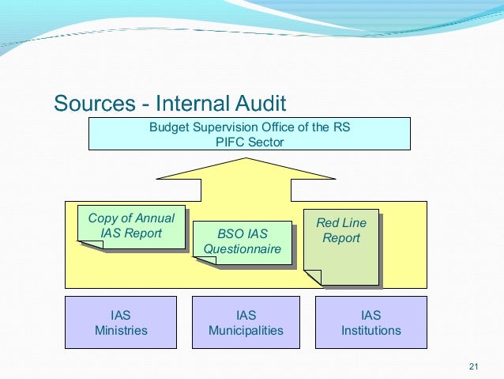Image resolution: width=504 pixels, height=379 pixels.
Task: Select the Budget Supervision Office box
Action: tap(249, 134)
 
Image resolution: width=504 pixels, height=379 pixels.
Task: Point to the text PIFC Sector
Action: tap(249, 142)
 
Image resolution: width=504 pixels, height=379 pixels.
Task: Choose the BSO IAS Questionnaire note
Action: tap(243, 241)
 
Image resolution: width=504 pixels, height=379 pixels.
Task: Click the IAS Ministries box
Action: tap(121, 323)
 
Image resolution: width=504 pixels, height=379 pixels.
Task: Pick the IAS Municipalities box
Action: tap(246, 323)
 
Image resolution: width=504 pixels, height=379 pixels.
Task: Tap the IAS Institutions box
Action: tap(370, 323)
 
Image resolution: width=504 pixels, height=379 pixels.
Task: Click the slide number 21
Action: tap(474, 366)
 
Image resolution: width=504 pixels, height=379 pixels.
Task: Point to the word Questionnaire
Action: tap(243, 249)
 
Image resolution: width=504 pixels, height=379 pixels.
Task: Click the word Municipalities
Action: tap(246, 331)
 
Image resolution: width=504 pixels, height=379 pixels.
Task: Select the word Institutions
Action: tap(370, 331)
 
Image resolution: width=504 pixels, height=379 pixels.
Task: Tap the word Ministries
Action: tap(121, 331)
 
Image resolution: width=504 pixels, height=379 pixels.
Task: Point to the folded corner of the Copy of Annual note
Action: tap(89, 244)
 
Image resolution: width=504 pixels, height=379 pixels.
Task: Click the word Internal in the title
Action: tap(190, 104)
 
